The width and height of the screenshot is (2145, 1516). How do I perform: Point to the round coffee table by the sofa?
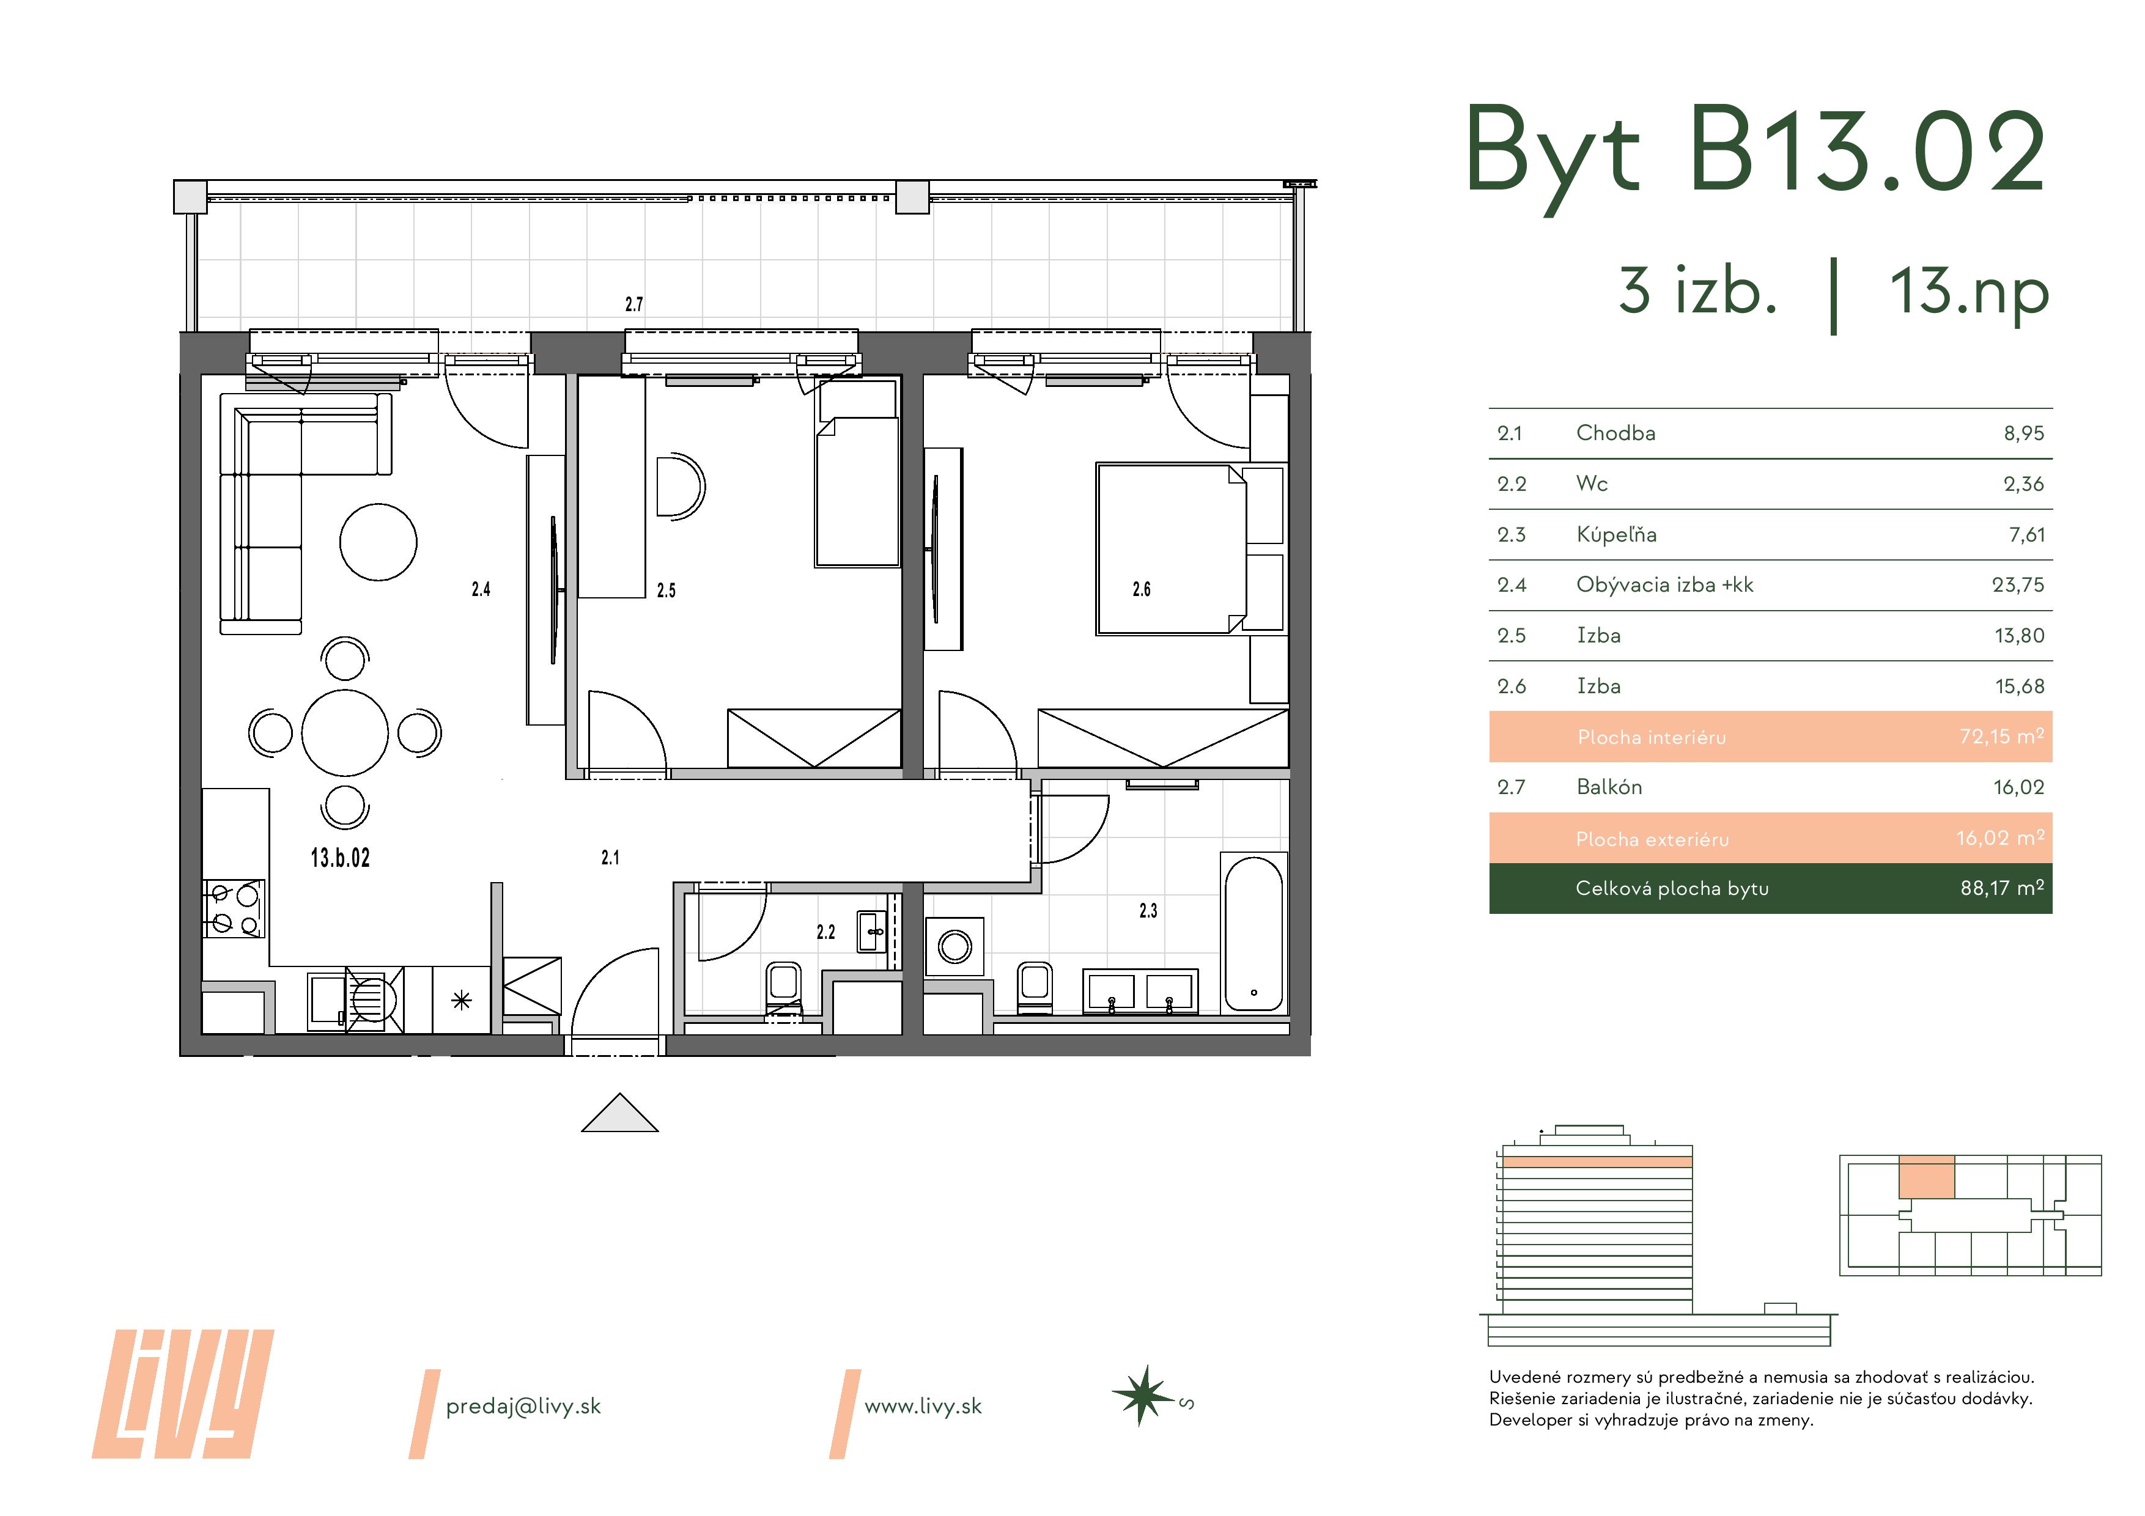[378, 542]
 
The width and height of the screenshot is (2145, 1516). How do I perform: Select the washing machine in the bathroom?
[954, 946]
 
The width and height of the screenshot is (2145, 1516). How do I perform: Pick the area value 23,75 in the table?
[2018, 586]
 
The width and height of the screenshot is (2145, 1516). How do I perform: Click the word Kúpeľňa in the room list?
[1616, 534]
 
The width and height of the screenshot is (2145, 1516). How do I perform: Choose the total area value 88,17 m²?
[2002, 888]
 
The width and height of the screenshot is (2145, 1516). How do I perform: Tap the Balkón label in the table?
[1609, 787]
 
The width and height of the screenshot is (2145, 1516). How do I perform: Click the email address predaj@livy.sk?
[523, 1407]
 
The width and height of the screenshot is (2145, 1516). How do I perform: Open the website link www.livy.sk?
[923, 1407]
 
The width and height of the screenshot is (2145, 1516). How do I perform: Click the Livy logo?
[183, 1394]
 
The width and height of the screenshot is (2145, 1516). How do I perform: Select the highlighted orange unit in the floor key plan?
[1926, 1177]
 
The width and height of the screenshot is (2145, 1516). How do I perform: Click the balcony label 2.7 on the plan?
[634, 304]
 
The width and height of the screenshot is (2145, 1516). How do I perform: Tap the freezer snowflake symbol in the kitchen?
[462, 1001]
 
